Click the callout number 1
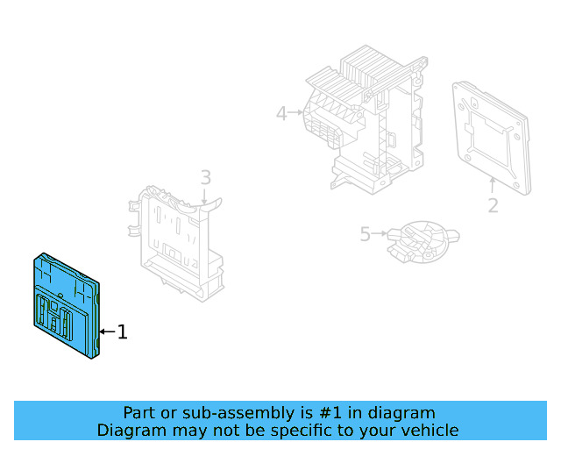click(123, 331)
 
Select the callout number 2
click(493, 205)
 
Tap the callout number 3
click(205, 178)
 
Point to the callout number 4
click(281, 113)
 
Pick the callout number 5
click(366, 234)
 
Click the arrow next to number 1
click(107, 331)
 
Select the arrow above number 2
click(493, 184)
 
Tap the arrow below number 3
click(205, 197)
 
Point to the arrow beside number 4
click(297, 112)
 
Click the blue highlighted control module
click(66, 303)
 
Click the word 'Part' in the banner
click(140, 412)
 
